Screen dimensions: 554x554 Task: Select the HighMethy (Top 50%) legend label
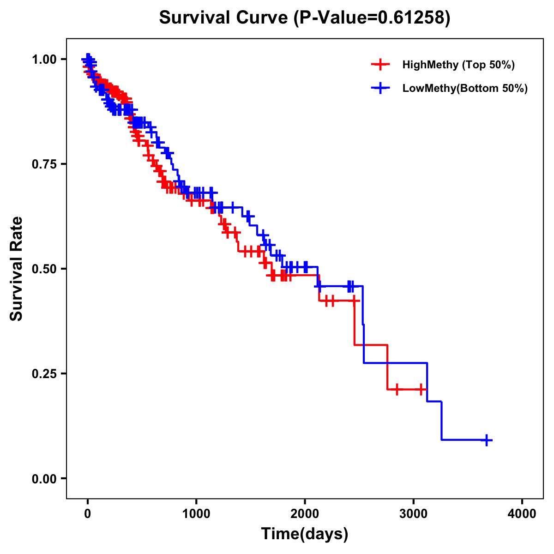(x=458, y=65)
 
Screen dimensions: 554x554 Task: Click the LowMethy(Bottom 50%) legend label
(x=465, y=89)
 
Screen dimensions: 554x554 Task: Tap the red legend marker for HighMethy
(x=380, y=65)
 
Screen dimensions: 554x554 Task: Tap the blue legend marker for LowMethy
(x=380, y=89)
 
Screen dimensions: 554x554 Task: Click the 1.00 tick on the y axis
(x=45, y=60)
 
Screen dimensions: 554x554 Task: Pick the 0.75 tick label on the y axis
(x=45, y=164)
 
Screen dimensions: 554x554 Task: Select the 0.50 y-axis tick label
(x=45, y=269)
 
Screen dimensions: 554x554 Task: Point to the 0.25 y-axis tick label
(x=45, y=374)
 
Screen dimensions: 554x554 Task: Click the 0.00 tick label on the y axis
(x=45, y=479)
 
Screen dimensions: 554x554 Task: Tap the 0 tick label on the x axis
(x=88, y=513)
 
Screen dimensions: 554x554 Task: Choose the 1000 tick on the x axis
(x=196, y=513)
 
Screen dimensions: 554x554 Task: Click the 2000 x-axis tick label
(x=305, y=513)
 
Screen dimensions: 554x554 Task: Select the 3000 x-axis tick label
(x=414, y=513)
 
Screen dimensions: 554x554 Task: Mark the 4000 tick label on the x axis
(x=522, y=513)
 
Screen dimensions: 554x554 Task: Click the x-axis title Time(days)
(x=305, y=534)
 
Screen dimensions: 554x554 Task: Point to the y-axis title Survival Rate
(x=17, y=269)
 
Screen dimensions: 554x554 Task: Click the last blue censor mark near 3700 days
(x=486, y=440)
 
